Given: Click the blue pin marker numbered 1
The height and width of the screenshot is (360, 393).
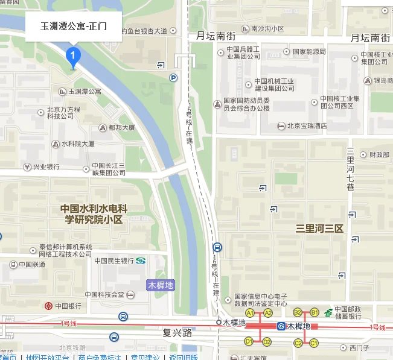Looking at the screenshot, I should tap(73, 57).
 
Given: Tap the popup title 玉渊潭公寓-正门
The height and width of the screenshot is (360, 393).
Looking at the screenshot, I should tap(73, 27).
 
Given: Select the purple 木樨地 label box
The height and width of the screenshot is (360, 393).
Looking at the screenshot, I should tap(161, 285).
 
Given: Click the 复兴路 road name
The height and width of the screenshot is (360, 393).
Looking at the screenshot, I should tap(177, 332).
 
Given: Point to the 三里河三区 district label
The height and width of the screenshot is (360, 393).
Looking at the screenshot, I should tap(319, 229).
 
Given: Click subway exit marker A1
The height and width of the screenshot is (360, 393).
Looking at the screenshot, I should tap(249, 313).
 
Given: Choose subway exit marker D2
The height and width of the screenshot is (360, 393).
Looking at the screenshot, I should tap(267, 342).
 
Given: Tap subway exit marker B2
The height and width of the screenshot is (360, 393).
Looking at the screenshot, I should tap(298, 312).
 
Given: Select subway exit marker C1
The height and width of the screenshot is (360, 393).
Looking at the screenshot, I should tap(313, 343).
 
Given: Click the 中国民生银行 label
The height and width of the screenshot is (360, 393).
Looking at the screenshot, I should tap(114, 261).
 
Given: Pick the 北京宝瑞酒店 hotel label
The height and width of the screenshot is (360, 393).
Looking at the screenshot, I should tap(307, 126).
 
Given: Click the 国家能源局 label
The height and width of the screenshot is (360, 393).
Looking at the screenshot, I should tap(306, 52).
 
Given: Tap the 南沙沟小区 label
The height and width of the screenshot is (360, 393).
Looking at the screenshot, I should tap(267, 28).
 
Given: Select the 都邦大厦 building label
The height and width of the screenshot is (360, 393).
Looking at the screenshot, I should tap(121, 128).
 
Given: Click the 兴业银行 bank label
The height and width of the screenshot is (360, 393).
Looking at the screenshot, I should tap(46, 166).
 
